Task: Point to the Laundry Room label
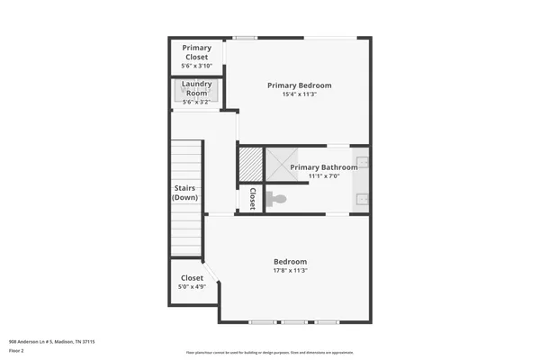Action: [x=196, y=88]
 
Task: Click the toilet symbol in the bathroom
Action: [x=275, y=199]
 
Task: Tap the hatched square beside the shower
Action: [x=249, y=164]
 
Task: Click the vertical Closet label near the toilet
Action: [x=253, y=199]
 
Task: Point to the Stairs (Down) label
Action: [x=185, y=193]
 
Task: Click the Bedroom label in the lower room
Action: [x=290, y=262]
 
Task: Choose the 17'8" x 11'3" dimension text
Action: [x=290, y=271]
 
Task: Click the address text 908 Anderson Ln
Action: [x=51, y=342]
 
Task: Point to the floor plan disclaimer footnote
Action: [x=269, y=352]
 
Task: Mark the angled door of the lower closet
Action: [x=211, y=273]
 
